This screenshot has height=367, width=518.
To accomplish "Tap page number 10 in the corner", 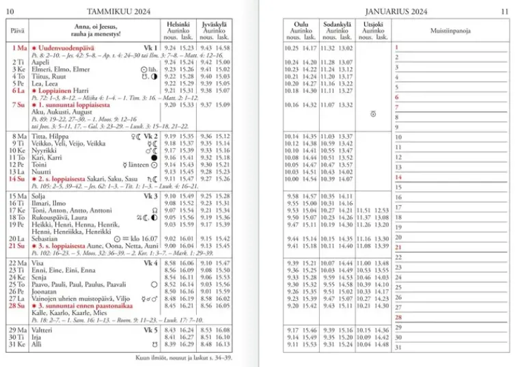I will pos(10,11).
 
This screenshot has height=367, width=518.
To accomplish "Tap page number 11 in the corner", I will pos(504,11).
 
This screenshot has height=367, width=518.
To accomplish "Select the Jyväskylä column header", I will pos(215,24).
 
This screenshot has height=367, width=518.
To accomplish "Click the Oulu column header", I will pos(301,24).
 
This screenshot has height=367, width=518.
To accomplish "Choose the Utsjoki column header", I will pos(372,24).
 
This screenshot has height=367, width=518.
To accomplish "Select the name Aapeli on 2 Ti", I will pos(40,62).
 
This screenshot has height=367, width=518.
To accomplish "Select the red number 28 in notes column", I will pos(398,317).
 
